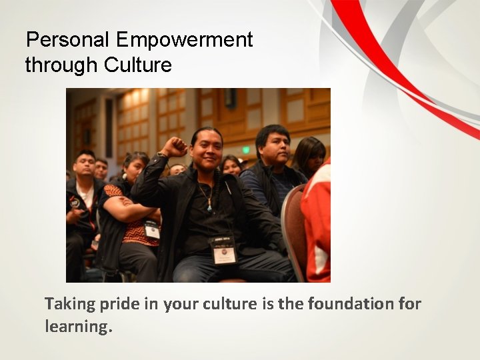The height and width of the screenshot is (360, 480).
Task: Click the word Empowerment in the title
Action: (184, 40)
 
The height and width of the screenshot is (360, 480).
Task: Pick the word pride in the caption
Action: (119, 304)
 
